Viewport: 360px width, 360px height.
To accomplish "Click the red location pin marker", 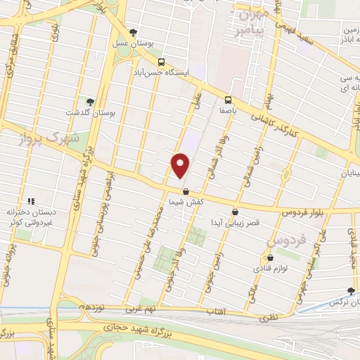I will click(x=181, y=165).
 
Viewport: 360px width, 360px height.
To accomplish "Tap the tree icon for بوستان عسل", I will click(x=133, y=32).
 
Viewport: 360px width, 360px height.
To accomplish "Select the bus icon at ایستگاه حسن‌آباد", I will click(x=162, y=62).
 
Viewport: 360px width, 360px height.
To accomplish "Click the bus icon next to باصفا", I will click(x=227, y=99).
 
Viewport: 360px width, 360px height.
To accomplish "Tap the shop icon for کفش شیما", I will click(x=186, y=191).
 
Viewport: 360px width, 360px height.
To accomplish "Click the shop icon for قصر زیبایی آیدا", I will click(x=235, y=211).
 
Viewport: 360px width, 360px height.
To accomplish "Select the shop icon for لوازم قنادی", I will click(x=271, y=257).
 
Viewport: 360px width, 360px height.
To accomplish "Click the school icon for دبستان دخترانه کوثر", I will click(x=30, y=201).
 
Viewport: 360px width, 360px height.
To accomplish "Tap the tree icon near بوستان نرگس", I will click(x=351, y=291).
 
